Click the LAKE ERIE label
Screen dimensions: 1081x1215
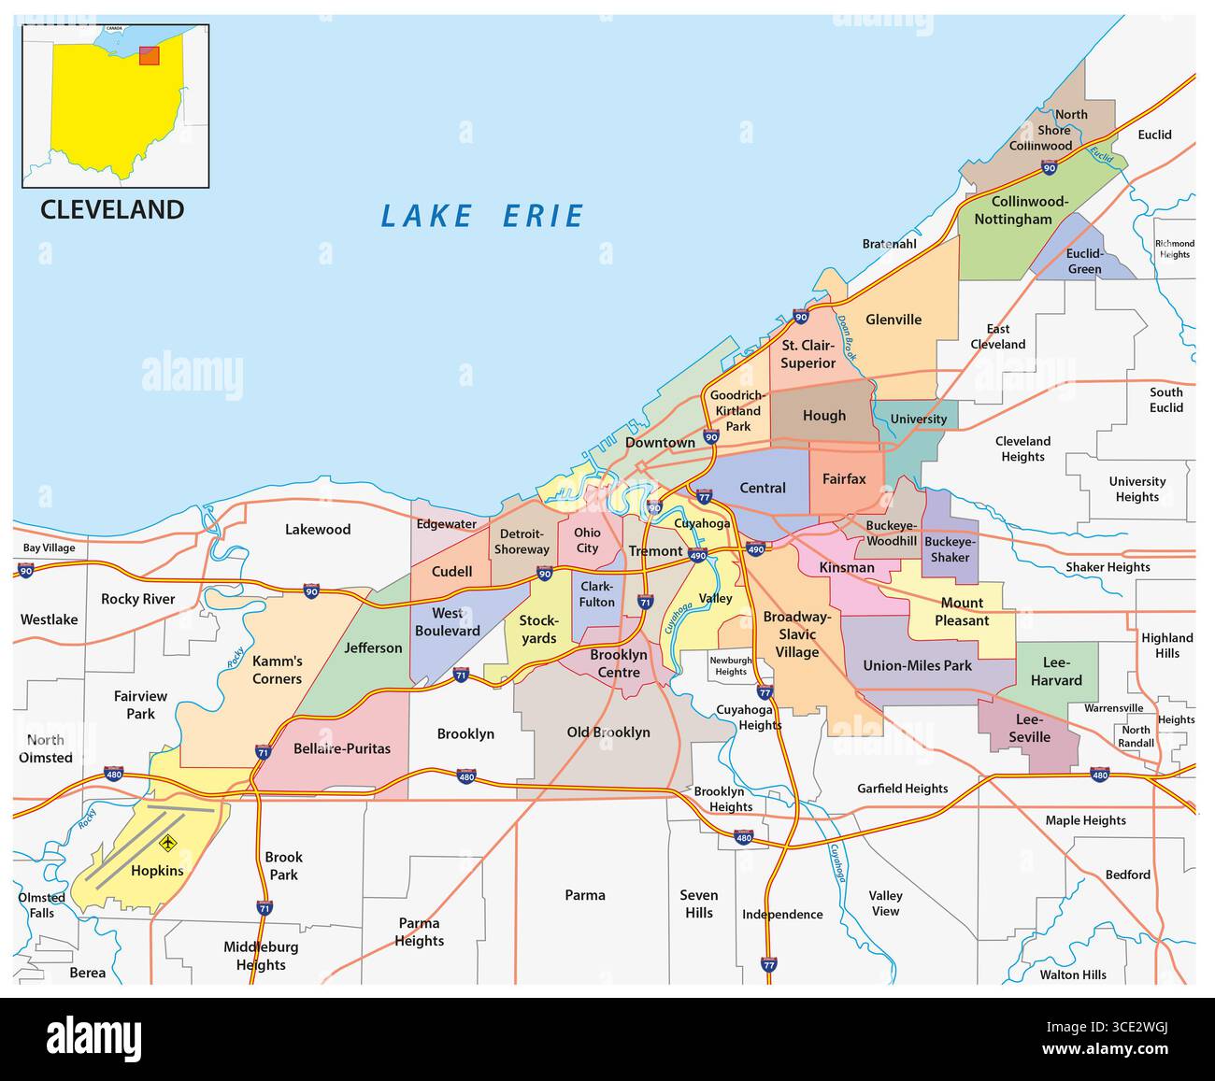click(481, 216)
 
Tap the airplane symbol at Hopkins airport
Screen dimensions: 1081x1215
click(168, 844)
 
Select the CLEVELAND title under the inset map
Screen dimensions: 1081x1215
click(112, 209)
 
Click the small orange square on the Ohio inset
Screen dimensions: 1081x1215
click(149, 56)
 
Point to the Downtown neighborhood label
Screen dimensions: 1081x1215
click(660, 442)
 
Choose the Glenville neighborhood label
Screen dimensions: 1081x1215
click(893, 320)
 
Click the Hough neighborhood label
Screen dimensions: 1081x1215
click(823, 416)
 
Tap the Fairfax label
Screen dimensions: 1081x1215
click(844, 478)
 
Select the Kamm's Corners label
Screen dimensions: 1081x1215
click(277, 670)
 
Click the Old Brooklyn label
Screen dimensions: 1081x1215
click(607, 732)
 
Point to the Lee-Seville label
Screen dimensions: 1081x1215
click(1028, 729)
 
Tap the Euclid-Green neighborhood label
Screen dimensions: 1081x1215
click(1084, 262)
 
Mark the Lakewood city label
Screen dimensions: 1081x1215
click(318, 530)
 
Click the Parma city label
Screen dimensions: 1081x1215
click(585, 895)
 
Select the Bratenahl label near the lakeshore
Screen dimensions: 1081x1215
click(889, 244)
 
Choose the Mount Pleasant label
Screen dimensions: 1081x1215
click(962, 612)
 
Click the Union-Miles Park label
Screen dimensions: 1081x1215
click(917, 666)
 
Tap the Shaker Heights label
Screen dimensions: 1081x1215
click(1108, 567)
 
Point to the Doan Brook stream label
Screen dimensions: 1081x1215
click(846, 338)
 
